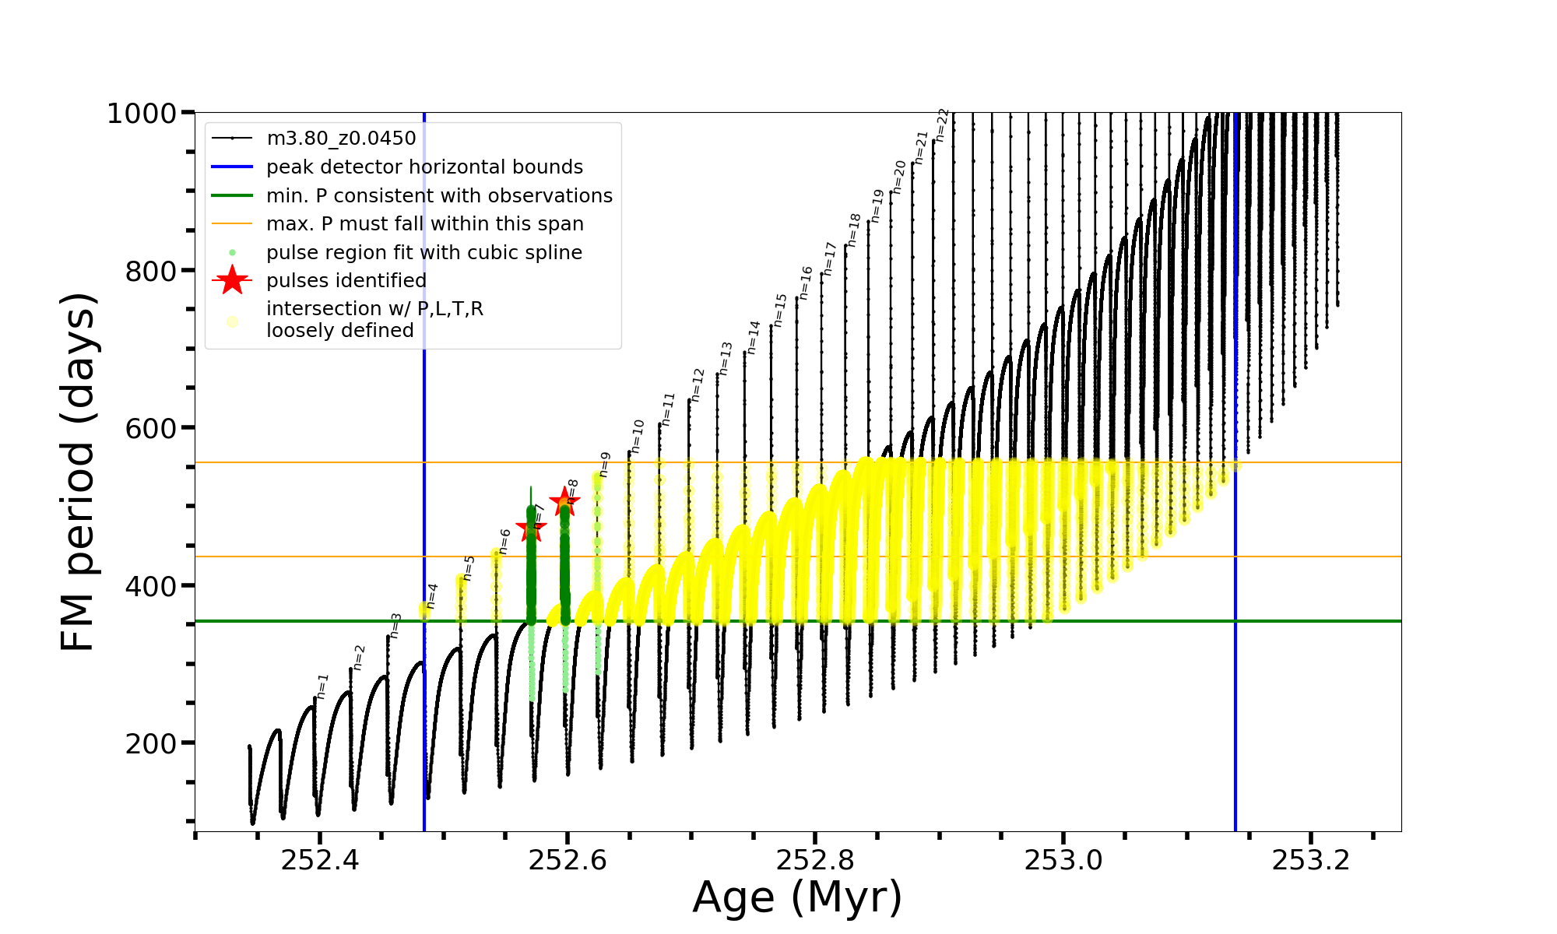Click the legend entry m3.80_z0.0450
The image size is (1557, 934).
point(341,139)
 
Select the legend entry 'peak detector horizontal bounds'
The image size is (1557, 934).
point(424,167)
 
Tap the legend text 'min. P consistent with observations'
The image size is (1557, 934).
point(439,195)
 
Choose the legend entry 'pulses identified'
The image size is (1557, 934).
point(346,281)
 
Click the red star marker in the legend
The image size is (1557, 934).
point(232,280)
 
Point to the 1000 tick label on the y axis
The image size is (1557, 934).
point(142,114)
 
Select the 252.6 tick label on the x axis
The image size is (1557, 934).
point(568,860)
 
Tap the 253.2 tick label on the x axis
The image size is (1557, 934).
point(1311,860)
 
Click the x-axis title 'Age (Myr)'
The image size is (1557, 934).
point(797,897)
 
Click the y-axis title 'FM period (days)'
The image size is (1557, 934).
point(79,472)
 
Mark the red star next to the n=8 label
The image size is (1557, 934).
point(564,501)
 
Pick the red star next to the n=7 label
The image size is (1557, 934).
point(531,528)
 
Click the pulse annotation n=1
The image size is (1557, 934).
point(323,686)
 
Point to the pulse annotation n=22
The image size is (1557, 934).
point(942,125)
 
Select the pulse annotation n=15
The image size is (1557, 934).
point(780,310)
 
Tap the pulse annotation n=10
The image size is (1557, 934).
point(638,437)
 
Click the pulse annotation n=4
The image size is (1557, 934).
point(432,596)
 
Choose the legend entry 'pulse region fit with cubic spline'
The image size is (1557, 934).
point(424,253)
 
